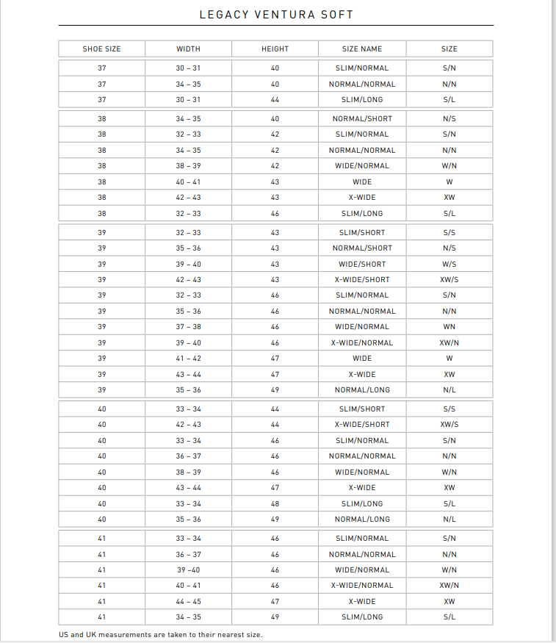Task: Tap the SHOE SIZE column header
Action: (101, 49)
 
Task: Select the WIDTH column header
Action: (188, 49)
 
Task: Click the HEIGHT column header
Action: (275, 49)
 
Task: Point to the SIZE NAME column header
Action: (362, 49)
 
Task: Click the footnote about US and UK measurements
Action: (160, 634)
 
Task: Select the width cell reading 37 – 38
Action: (188, 327)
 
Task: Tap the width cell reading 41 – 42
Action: (188, 359)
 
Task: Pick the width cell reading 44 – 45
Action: (188, 601)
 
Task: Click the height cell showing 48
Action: (275, 503)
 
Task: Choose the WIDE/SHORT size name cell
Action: (362, 264)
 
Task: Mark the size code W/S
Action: (450, 264)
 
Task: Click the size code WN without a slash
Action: (450, 327)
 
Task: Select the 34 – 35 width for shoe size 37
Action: (188, 84)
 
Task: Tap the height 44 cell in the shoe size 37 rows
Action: (275, 100)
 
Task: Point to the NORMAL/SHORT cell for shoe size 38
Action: (362, 118)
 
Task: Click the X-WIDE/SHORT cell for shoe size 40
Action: (362, 425)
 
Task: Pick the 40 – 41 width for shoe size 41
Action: (188, 586)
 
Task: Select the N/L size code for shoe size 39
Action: (450, 390)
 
